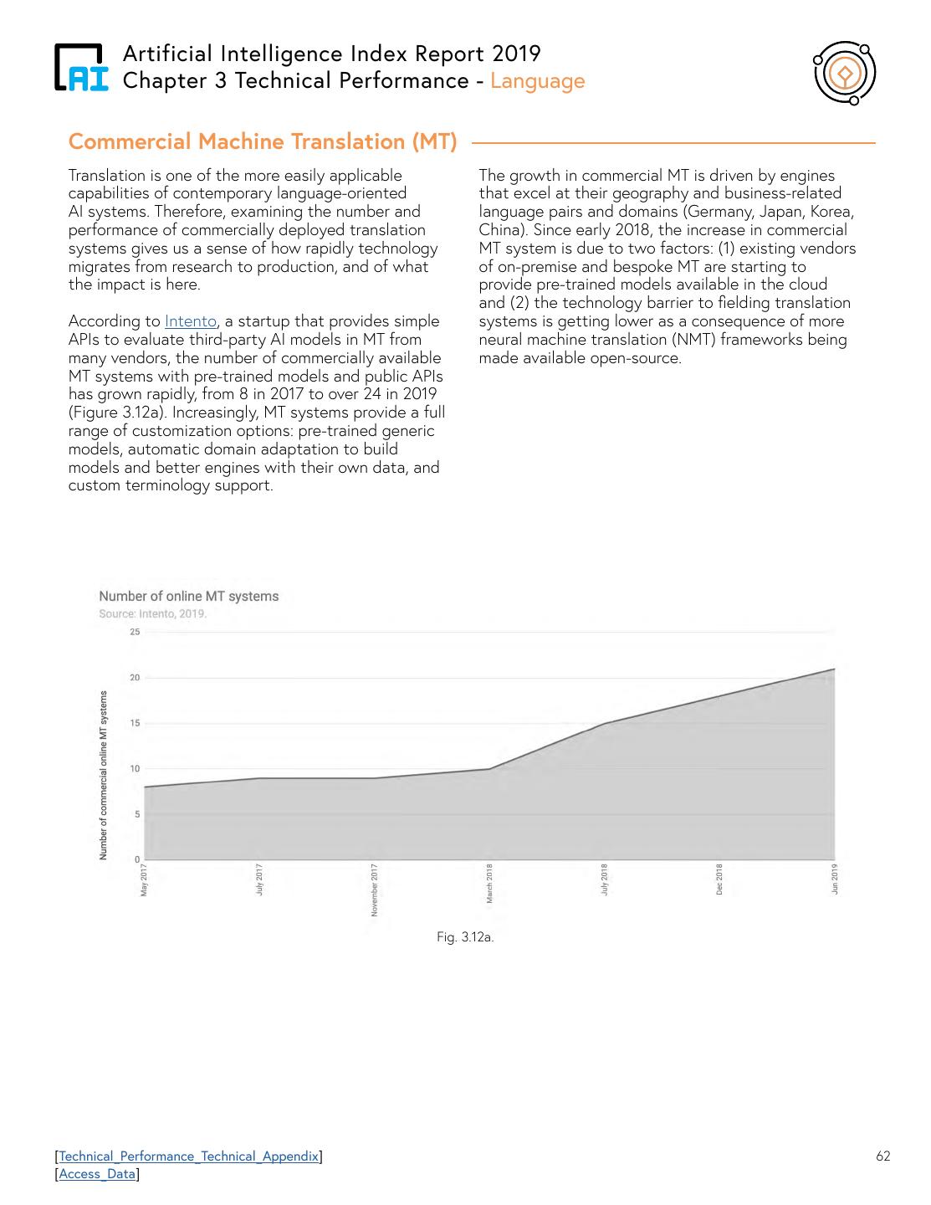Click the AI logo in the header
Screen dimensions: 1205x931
pos(81,68)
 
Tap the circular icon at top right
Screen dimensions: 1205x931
pos(845,74)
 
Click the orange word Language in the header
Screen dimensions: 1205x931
pos(538,81)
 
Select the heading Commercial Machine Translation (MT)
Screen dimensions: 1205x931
pos(263,141)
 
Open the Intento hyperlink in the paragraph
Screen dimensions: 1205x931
pos(191,321)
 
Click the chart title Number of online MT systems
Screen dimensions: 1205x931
pos(189,597)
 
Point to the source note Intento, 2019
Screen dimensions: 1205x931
pos(153,613)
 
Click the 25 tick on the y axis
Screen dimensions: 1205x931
pos(135,632)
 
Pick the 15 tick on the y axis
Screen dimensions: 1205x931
pos(135,723)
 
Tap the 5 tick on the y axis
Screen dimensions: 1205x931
pos(137,814)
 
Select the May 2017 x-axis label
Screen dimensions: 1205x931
pos(144,879)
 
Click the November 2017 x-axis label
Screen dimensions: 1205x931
pos(375,890)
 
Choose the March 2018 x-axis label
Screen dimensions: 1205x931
pos(489,884)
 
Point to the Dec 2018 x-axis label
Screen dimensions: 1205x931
pos(719,879)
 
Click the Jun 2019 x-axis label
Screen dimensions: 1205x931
pos(835,879)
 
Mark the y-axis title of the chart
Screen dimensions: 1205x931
pos(104,776)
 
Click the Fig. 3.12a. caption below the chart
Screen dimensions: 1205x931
pos(465,937)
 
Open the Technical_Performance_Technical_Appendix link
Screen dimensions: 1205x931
pos(189,1156)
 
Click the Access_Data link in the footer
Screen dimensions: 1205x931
pos(97,1174)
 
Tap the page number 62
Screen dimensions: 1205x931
pos(883,1156)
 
